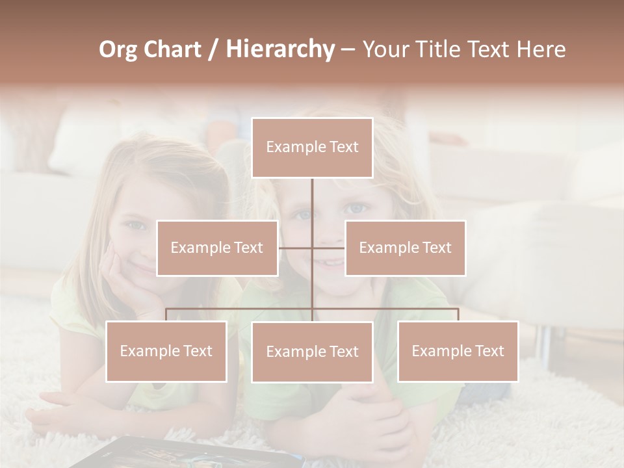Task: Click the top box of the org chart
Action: pyautogui.click(x=312, y=148)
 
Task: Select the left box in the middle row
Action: pyautogui.click(x=217, y=248)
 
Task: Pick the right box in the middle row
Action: pyautogui.click(x=405, y=248)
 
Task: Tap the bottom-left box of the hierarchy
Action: pyautogui.click(x=166, y=351)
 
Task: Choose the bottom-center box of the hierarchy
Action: pyautogui.click(x=312, y=352)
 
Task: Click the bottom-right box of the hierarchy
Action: pyautogui.click(x=458, y=351)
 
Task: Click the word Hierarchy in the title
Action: pyautogui.click(x=279, y=49)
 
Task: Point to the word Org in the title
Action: pyautogui.click(x=118, y=49)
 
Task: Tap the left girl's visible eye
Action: pyautogui.click(x=135, y=226)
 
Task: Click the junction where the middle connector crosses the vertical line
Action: pyautogui.click(x=312, y=248)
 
